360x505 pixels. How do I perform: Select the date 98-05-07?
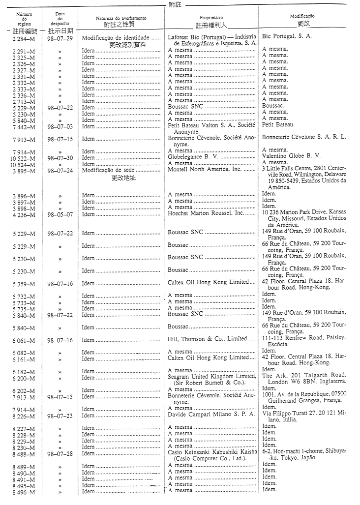(60, 215)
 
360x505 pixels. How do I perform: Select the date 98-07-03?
(60, 126)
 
